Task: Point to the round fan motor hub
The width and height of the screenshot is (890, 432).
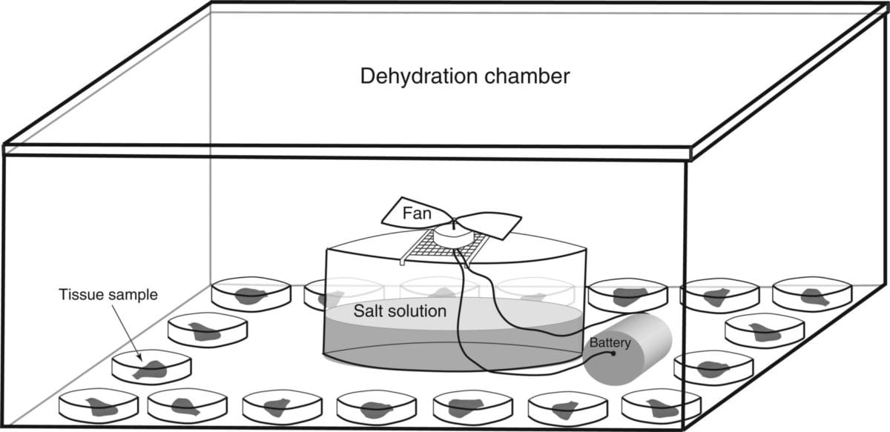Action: [453, 233]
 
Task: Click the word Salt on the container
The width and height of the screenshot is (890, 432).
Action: [368, 310]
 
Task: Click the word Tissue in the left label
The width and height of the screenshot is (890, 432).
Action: [79, 295]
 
